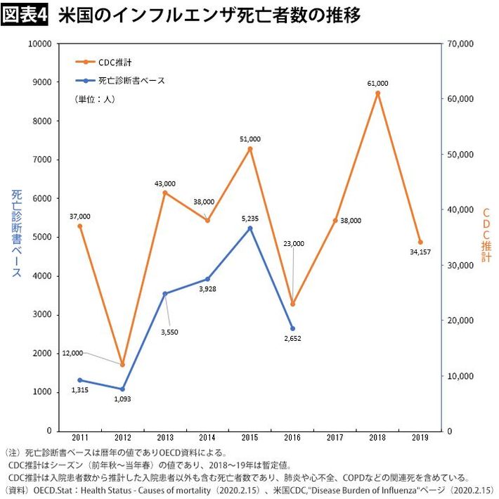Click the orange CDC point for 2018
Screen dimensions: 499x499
(377, 93)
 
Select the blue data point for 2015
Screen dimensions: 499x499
(249, 228)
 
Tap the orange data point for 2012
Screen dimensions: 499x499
(122, 365)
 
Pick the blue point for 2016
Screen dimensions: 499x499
(292, 328)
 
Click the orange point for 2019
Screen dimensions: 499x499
(420, 242)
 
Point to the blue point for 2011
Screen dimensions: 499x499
(79, 380)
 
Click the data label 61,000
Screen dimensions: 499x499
(377, 83)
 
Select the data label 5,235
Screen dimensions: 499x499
(249, 219)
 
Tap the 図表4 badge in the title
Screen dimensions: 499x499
(25, 15)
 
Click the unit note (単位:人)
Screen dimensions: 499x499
(94, 100)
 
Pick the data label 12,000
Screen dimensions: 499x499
(72, 353)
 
